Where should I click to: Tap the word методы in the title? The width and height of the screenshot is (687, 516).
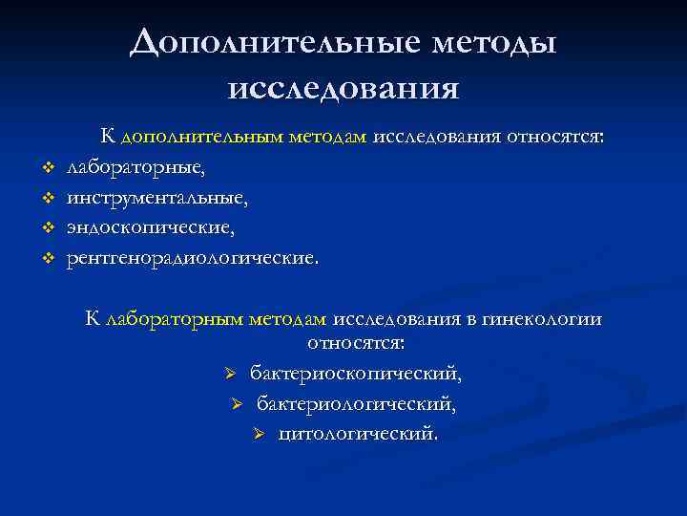click(x=490, y=45)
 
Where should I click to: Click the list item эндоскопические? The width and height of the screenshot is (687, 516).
click(x=150, y=228)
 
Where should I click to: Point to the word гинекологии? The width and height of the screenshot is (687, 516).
click(x=546, y=319)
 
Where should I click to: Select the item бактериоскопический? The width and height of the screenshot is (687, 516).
click(x=357, y=372)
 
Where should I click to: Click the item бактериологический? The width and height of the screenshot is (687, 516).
click(x=356, y=403)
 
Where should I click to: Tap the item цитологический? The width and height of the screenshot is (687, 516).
click(x=359, y=434)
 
